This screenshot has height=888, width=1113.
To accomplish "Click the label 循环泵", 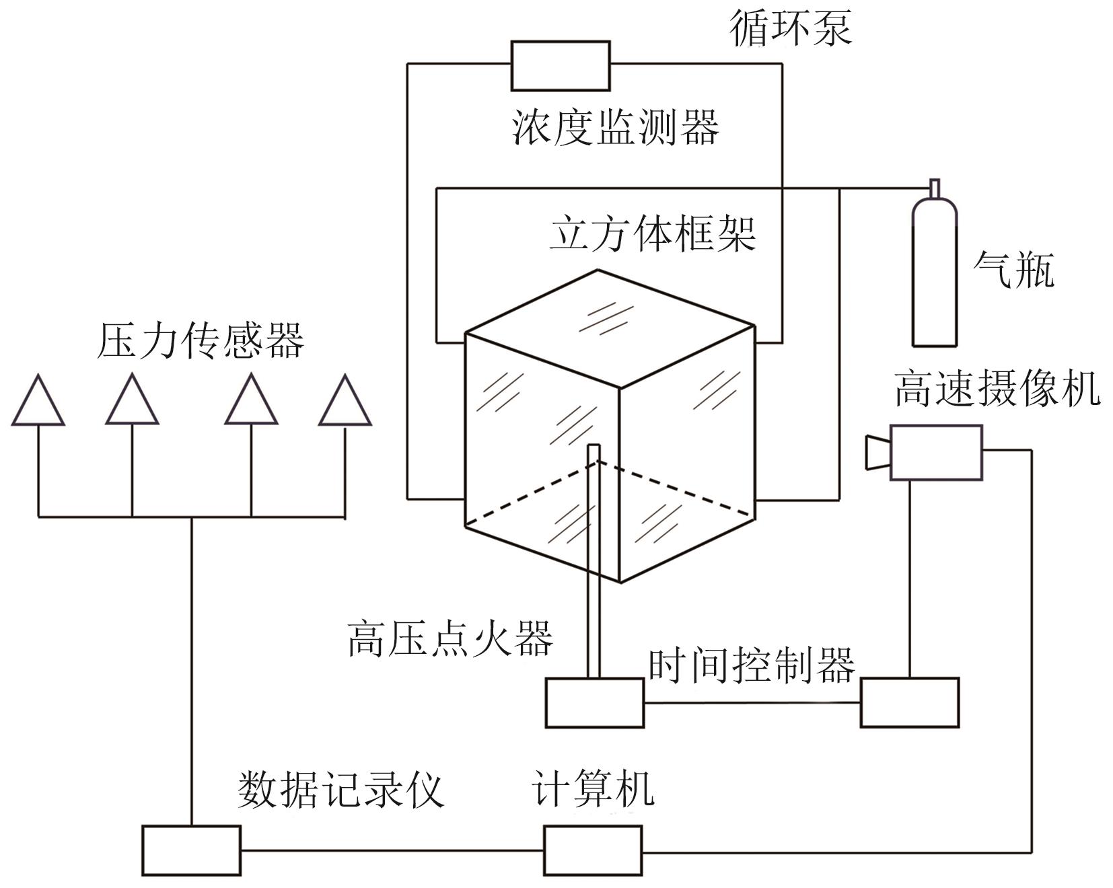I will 791,28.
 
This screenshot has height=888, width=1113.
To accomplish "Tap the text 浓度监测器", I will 615,126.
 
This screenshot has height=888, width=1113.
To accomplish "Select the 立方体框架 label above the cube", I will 653,233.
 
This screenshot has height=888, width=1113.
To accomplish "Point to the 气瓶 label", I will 1013,270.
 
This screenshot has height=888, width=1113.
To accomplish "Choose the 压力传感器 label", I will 201,340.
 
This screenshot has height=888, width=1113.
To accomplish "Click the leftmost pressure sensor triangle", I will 38,404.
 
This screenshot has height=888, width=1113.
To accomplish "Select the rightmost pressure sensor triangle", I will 345,404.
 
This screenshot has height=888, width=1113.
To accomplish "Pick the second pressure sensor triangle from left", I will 132,404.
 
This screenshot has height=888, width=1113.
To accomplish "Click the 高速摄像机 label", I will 997,388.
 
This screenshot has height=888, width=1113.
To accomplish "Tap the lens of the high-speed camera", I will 877,453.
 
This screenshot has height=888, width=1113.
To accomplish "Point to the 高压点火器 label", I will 450,638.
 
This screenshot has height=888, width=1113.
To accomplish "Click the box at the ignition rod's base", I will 594,703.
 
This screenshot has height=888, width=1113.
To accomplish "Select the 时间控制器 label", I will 751,665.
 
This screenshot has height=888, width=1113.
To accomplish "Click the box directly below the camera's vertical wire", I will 909,703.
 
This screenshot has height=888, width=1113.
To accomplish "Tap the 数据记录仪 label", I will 340,789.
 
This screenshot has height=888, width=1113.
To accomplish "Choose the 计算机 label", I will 592,787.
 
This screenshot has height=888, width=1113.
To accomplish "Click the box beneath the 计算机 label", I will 592,850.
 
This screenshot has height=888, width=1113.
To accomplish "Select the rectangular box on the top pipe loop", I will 560,66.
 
